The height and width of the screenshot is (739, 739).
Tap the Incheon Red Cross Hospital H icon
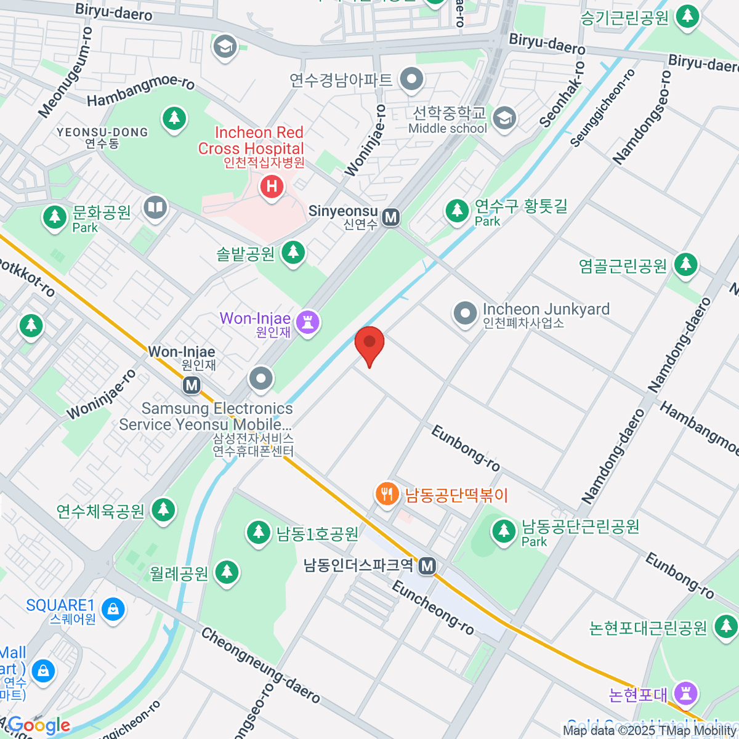tap(272, 186)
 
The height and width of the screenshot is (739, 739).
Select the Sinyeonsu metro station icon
tap(390, 217)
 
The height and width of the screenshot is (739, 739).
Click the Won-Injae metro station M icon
tap(192, 386)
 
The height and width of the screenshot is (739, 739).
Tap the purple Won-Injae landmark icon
tap(307, 321)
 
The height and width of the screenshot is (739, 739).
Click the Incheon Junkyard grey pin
tap(465, 313)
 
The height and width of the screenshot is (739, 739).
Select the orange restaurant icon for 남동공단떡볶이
tap(387, 494)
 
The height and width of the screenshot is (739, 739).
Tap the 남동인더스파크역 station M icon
tap(427, 566)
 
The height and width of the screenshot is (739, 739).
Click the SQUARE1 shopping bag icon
tap(113, 610)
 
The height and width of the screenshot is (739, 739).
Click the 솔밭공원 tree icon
tap(293, 252)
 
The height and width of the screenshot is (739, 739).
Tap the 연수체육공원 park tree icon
tap(163, 510)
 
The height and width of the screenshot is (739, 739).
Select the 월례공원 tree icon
tap(227, 572)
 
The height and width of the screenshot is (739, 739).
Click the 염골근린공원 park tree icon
tap(685, 265)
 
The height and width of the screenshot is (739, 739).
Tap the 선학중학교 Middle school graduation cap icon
tap(505, 118)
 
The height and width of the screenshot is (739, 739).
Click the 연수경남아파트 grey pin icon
tap(411, 79)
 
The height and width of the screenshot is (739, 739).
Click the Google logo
tap(38, 725)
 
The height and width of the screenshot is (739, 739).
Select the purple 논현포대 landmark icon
tap(685, 693)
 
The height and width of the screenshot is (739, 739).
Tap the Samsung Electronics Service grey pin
tap(261, 379)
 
